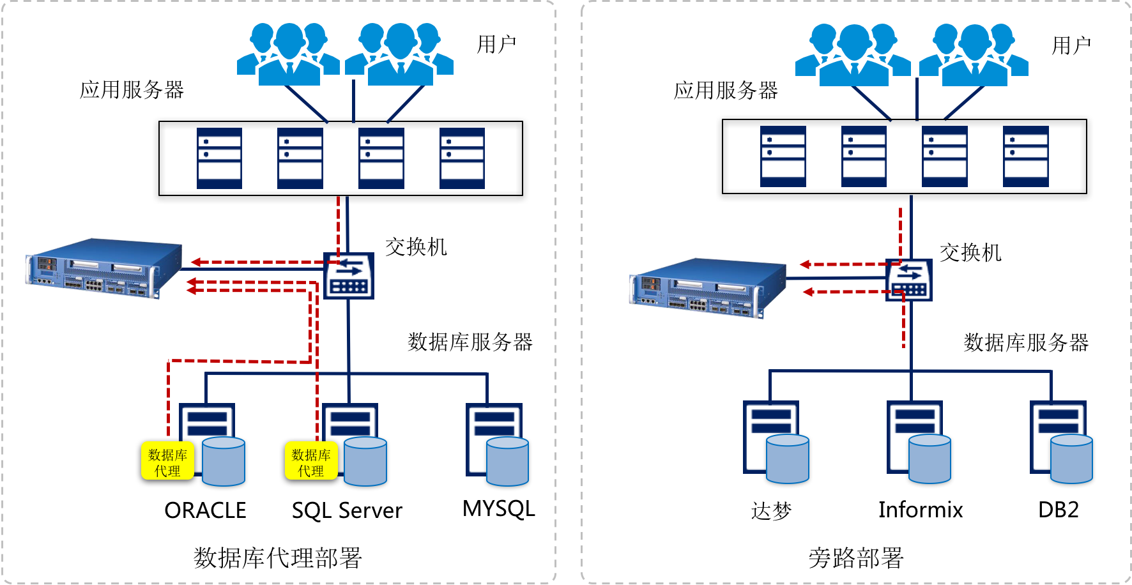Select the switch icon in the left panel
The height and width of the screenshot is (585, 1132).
tap(349, 276)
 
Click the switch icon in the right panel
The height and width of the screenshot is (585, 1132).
tap(909, 280)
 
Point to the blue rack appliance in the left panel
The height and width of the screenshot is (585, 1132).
tap(104, 268)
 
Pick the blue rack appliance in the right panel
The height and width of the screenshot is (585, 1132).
tap(708, 287)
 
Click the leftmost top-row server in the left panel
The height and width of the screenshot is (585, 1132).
tap(219, 158)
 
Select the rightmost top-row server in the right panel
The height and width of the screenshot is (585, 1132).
tap(1025, 156)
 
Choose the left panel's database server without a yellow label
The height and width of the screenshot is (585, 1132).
tap(495, 441)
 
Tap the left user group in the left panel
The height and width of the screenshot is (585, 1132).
tap(288, 54)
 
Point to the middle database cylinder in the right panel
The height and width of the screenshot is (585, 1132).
tap(929, 459)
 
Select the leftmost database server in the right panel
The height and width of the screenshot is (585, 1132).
tap(771, 437)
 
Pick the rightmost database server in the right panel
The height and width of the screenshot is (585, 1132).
tap(1059, 437)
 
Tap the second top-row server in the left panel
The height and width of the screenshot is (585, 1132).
tap(300, 158)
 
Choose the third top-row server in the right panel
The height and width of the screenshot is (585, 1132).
tap(944, 156)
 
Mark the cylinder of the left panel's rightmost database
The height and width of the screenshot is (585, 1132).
tap(507, 461)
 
